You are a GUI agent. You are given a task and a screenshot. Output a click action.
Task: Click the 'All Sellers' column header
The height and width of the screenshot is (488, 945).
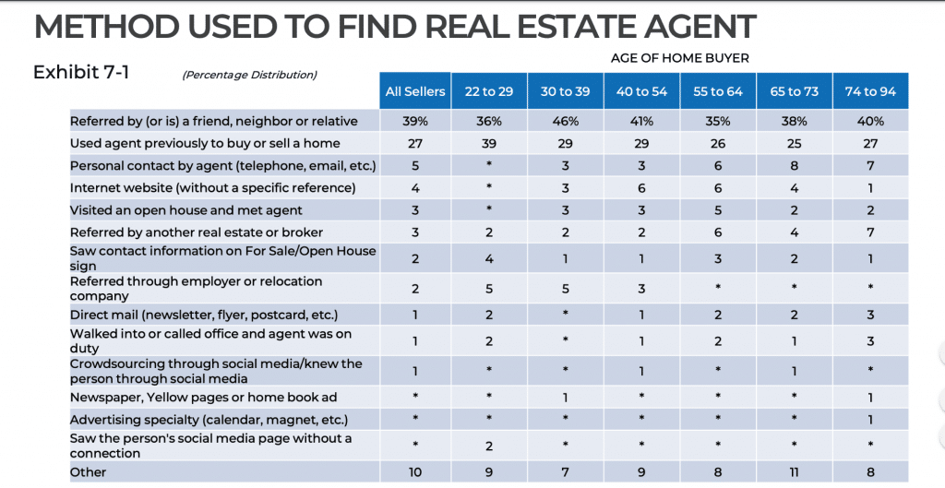click(x=414, y=91)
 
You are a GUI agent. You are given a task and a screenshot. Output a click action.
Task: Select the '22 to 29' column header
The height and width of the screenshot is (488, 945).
click(x=489, y=91)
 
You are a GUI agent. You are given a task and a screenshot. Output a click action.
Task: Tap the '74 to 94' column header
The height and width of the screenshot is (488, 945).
click(x=870, y=91)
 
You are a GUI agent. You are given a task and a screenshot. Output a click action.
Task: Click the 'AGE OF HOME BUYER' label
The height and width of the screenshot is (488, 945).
click(x=679, y=58)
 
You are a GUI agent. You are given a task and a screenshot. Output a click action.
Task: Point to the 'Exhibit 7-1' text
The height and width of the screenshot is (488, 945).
click(x=81, y=72)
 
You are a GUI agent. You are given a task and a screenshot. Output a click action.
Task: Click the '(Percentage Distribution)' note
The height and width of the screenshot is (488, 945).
click(x=249, y=75)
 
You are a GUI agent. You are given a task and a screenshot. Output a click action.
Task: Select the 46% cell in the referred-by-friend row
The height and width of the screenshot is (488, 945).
click(x=565, y=121)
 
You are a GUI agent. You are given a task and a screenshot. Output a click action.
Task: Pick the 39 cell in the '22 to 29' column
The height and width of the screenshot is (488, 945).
click(x=489, y=143)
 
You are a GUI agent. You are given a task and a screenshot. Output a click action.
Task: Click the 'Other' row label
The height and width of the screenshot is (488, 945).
click(x=89, y=472)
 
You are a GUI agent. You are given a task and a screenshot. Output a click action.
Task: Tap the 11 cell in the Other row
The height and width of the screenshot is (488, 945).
click(x=794, y=472)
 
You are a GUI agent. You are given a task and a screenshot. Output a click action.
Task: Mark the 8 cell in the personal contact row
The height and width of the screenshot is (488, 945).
click(x=794, y=166)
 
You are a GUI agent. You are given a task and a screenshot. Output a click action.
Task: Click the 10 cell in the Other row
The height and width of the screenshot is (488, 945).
click(x=414, y=472)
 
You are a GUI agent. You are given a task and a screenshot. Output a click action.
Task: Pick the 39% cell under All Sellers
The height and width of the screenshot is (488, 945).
click(x=414, y=121)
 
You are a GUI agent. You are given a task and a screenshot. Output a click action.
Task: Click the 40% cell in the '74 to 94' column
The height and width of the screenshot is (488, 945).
click(x=870, y=121)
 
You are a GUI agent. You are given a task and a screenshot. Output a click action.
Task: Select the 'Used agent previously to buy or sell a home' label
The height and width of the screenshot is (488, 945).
click(x=205, y=143)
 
